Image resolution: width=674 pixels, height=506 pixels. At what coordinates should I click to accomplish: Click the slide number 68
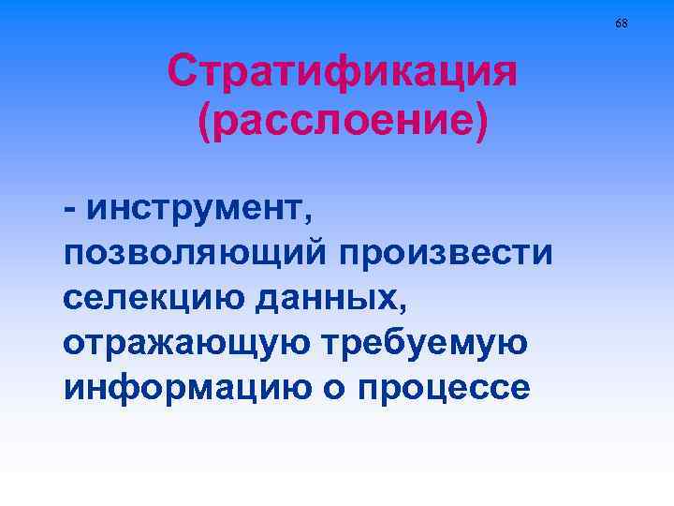[x=622, y=22]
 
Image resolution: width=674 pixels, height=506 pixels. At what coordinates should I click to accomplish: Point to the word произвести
[x=447, y=254]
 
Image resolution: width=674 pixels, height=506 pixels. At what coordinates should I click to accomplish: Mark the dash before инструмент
[x=71, y=210]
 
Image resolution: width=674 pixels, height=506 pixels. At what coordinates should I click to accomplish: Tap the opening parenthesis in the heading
[x=204, y=124]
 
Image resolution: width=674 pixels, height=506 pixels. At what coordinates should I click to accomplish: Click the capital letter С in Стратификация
[x=183, y=71]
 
